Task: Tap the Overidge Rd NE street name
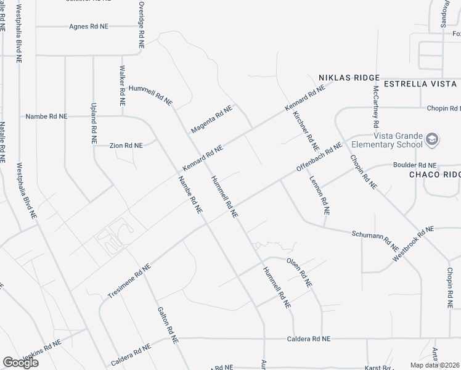pyautogui.click(x=141, y=25)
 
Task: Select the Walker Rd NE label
pyautogui.click(x=123, y=84)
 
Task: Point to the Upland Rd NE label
pyautogui.click(x=94, y=123)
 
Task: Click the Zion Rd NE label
pyautogui.click(x=126, y=146)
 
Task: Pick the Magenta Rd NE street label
pyautogui.click(x=211, y=119)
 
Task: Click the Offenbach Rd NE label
pyautogui.click(x=319, y=158)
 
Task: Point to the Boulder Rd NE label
pyautogui.click(x=415, y=166)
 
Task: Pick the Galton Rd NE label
pyautogui.click(x=168, y=325)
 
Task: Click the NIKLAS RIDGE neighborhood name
pyautogui.click(x=349, y=78)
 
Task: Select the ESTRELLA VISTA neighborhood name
pyautogui.click(x=421, y=83)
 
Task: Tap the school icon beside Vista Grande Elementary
pyautogui.click(x=433, y=140)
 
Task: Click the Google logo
pyautogui.click(x=20, y=363)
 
